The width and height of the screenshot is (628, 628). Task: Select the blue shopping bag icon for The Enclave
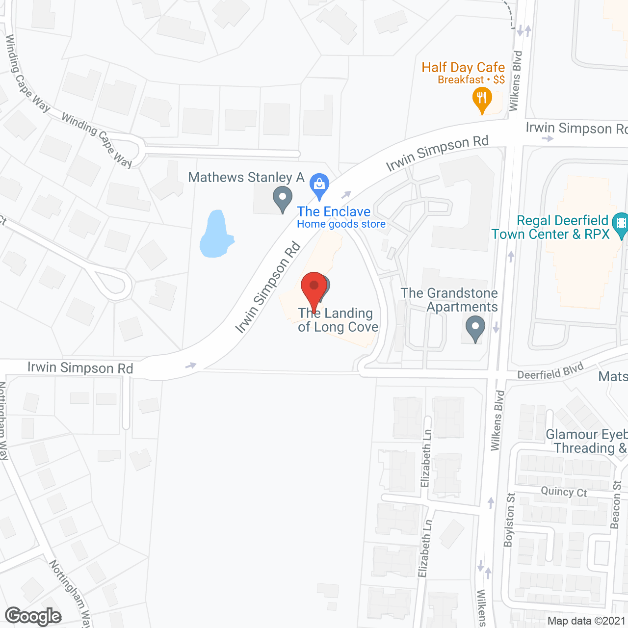pyautogui.click(x=319, y=186)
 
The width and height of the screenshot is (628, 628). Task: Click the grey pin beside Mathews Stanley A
pyautogui.click(x=282, y=199)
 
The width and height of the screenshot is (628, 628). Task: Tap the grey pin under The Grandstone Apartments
pyautogui.click(x=475, y=327)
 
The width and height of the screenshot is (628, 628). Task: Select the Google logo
pyautogui.click(x=33, y=616)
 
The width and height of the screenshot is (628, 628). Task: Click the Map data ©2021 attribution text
pyautogui.click(x=586, y=621)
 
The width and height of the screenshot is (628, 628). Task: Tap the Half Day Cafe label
pyautogui.click(x=463, y=67)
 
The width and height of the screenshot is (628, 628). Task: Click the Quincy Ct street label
pyautogui.click(x=564, y=492)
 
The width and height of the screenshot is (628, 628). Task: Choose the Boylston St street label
pyautogui.click(x=510, y=520)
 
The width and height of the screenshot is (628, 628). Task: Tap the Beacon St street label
pyautogui.click(x=616, y=505)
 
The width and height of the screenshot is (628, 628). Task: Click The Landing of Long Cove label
pyautogui.click(x=338, y=320)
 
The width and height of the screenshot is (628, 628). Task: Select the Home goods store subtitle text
pyautogui.click(x=341, y=224)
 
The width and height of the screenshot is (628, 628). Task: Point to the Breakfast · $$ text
pyautogui.click(x=471, y=79)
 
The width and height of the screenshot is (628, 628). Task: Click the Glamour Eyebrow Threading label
pyautogui.click(x=586, y=441)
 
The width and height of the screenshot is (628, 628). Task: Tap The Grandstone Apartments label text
pyautogui.click(x=449, y=300)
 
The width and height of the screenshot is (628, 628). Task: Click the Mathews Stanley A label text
pyautogui.click(x=246, y=177)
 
